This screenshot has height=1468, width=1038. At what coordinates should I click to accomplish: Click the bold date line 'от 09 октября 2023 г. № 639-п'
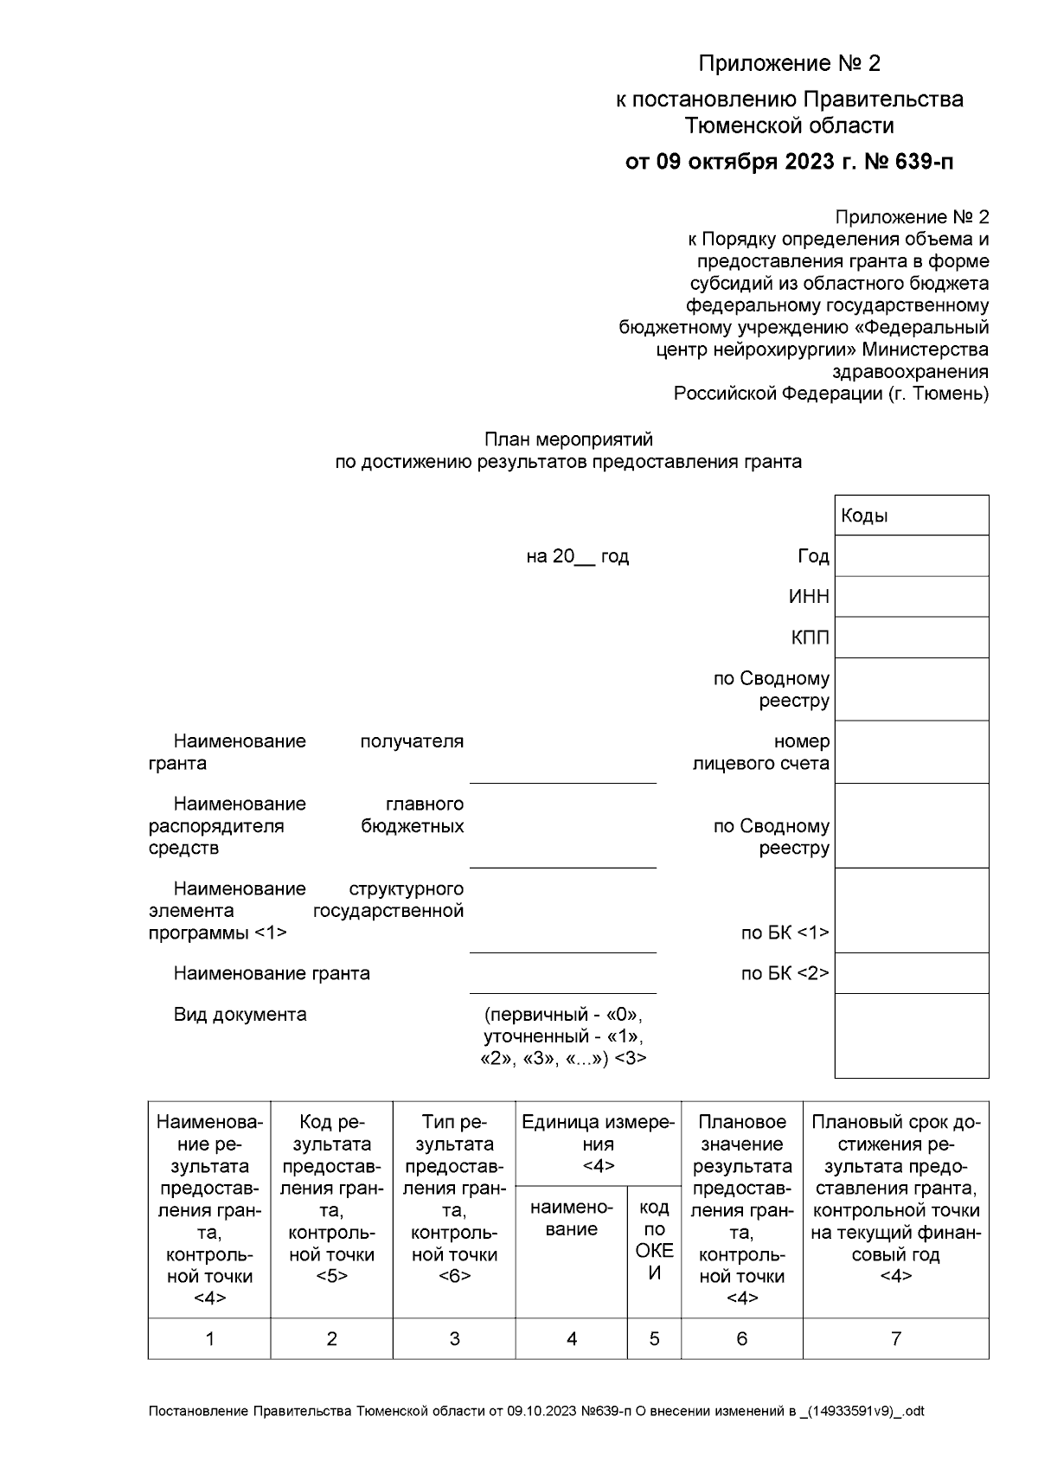pos(789,162)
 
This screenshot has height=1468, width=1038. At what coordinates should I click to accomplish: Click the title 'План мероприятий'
pos(568,439)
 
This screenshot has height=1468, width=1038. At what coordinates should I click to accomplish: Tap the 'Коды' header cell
pos(911,516)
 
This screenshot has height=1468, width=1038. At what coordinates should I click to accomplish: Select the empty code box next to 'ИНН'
pos(911,597)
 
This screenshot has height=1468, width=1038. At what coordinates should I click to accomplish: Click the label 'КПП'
pos(810,638)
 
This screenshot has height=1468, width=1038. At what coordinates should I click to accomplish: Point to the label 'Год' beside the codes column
pos(813,556)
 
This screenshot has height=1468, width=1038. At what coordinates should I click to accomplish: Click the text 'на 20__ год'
pos(577,556)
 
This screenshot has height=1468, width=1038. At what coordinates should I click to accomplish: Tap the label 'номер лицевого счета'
pos(761,753)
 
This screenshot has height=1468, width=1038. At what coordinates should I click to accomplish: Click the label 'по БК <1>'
pos(785,933)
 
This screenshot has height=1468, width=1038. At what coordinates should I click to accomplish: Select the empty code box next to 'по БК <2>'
pos(911,973)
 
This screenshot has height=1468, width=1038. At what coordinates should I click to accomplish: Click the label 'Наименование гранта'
pos(272,973)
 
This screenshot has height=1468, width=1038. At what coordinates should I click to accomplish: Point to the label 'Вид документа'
pos(240,1014)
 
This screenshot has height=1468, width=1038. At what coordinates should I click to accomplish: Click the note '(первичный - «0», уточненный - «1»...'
pos(563,1035)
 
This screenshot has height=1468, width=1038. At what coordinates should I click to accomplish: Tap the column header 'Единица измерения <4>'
pos(598,1144)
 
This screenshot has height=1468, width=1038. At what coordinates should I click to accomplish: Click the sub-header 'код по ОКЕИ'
pos(654,1240)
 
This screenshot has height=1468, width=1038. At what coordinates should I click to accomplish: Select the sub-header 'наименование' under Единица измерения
pos(571,1218)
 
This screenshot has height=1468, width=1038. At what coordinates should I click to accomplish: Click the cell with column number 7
pos(895,1338)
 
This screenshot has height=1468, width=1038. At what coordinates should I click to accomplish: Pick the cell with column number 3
pos(454,1338)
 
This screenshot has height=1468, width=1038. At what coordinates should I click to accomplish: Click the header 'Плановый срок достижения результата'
pos(895,1198)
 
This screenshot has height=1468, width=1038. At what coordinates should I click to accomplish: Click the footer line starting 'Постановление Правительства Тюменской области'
pos(536,1411)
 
